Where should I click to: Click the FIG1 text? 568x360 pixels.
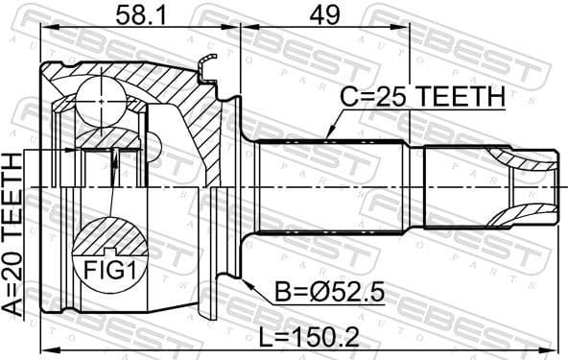[x=108, y=271]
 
